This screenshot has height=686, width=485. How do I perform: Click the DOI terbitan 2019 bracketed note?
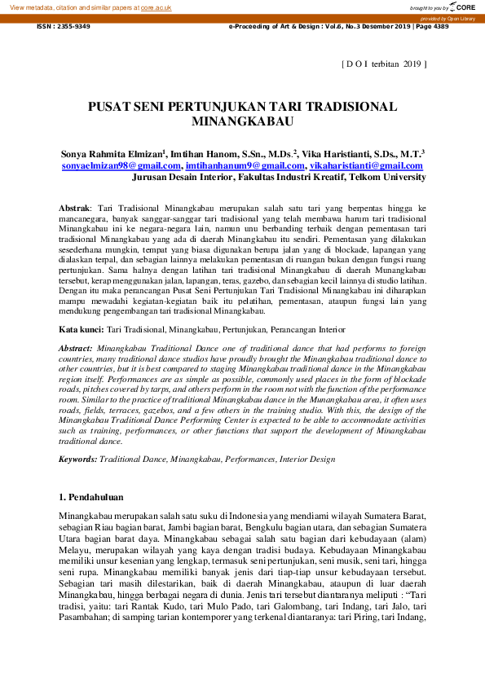pos(382,64)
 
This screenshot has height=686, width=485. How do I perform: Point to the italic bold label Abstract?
pos(76,347)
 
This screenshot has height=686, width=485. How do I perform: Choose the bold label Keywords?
pos(77,459)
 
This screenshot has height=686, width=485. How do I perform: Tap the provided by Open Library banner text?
pos(448,18)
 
